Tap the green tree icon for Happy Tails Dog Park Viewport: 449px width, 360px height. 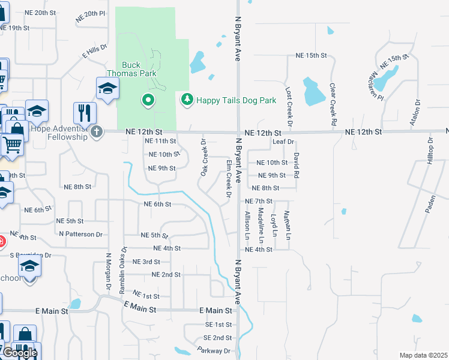(187, 99)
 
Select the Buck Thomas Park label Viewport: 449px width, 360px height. (139, 69)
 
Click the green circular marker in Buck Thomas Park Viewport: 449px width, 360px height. (147, 100)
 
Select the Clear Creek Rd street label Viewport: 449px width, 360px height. (333, 104)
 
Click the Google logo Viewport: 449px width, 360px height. (20, 353)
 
